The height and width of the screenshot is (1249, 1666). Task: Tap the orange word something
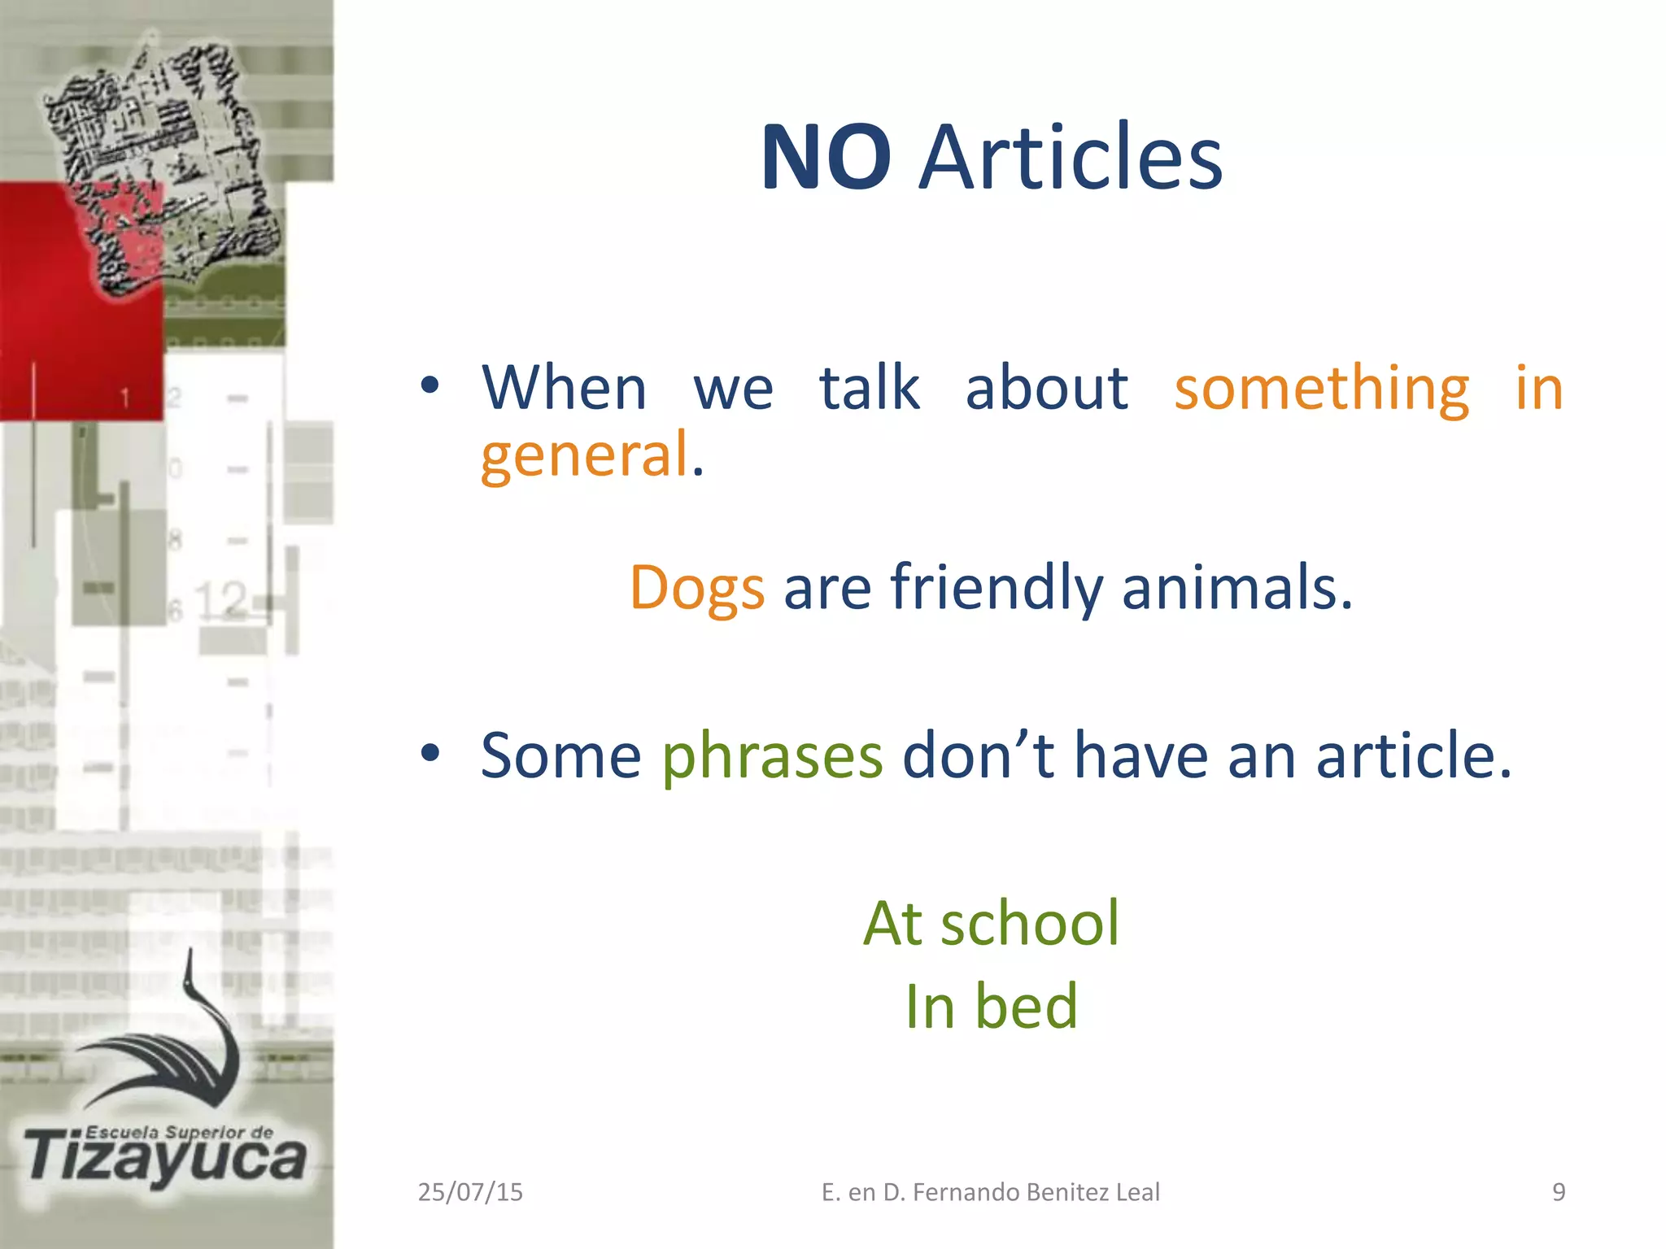click(1321, 389)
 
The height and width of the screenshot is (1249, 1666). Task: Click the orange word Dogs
click(697, 587)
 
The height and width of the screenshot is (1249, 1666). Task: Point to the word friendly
click(997, 587)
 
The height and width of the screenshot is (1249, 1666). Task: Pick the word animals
click(1236, 587)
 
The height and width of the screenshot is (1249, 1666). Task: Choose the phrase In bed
click(991, 1007)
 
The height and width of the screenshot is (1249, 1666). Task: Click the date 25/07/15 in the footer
click(470, 1192)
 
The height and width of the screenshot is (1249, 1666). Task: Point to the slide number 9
click(1559, 1192)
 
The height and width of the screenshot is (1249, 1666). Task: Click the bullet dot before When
click(430, 385)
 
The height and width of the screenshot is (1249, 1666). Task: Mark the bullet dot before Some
click(430, 754)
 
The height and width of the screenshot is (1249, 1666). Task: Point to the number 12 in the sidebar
click(220, 600)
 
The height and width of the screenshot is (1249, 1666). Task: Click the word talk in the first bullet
click(869, 389)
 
